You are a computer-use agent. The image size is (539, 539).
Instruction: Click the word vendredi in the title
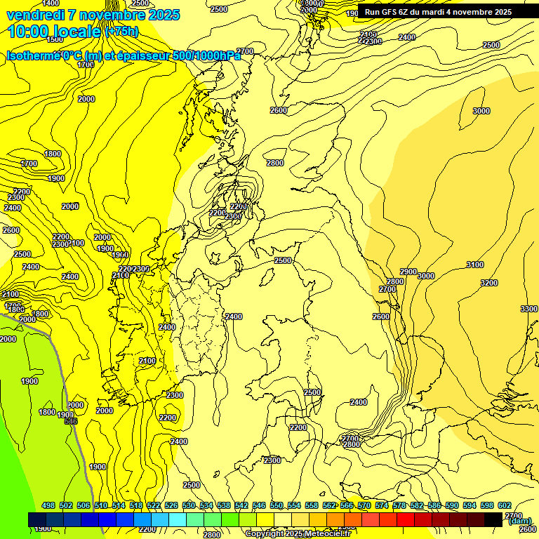(34, 15)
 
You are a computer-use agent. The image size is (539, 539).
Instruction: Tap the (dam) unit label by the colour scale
(519, 521)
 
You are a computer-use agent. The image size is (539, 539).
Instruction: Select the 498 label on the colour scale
(48, 506)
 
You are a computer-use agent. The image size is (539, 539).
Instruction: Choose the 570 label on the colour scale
(364, 506)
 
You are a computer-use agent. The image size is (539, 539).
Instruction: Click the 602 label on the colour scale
(505, 506)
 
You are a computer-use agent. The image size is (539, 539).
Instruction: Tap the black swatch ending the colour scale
(494, 519)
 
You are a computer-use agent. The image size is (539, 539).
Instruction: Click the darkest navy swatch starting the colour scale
(37, 519)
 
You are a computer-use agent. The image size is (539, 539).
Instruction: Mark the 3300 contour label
(529, 309)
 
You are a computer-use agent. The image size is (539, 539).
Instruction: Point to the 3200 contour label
(489, 283)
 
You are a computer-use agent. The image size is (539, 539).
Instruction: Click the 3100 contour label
(475, 265)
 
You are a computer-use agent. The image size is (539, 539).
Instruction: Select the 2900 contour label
(408, 272)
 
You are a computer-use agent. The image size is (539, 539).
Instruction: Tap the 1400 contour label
(51, 4)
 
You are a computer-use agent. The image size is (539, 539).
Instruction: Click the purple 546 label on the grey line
(70, 421)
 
